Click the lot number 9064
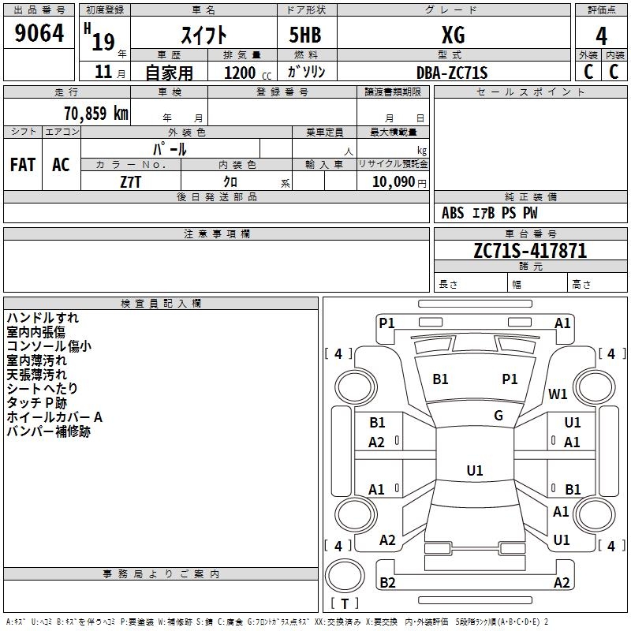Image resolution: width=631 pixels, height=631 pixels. tap(39, 33)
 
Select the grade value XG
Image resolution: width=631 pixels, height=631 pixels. tap(453, 35)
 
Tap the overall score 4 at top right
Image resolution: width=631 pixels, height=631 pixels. tap(601, 35)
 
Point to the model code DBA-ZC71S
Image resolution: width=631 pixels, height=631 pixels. tap(452, 73)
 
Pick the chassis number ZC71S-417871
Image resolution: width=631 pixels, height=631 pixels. tap(530, 251)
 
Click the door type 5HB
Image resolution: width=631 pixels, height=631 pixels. tap(305, 35)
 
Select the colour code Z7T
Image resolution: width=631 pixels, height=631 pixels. tap(131, 181)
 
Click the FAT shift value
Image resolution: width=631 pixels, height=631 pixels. tap(23, 165)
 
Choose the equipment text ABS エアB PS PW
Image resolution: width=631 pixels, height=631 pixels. tap(490, 213)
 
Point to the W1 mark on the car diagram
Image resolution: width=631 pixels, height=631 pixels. tap(558, 394)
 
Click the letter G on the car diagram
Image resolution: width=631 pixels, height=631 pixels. tap(498, 416)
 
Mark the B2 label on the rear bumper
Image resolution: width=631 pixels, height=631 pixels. tap(388, 583)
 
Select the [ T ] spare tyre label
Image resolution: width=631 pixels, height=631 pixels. tap(345, 603)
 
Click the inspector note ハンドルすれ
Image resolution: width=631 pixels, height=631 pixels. tap(43, 318)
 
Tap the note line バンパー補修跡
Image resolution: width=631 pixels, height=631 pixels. tap(49, 431)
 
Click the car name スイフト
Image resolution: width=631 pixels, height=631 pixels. tap(203, 35)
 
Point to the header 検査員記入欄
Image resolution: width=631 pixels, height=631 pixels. tap(161, 304)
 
